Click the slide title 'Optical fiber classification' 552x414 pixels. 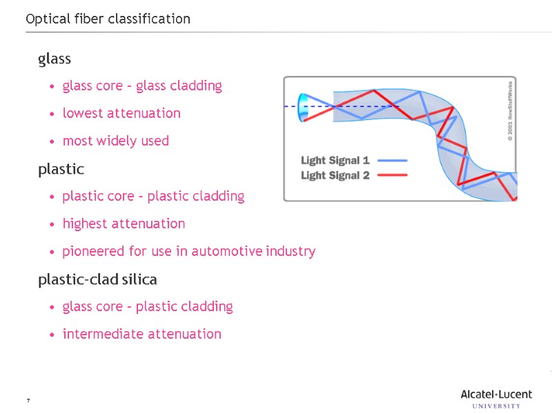pos(108,19)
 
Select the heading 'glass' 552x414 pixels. pos(55,59)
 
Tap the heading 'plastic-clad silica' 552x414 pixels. pos(97,279)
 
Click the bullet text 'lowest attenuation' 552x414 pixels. pos(121,113)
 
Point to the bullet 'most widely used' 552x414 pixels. pos(115,141)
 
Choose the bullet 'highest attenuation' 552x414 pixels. pos(124,224)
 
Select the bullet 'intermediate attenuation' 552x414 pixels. pos(141,334)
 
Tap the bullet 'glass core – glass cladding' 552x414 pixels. pos(142,86)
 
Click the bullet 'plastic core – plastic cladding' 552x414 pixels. pos(153,196)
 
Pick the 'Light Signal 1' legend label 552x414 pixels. pos(335,160)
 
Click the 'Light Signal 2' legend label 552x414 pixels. pos(335,175)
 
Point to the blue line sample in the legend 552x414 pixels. pos(393,160)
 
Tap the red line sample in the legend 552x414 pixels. pos(393,175)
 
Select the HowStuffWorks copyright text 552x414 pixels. pos(510,111)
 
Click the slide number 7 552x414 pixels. pos(28,401)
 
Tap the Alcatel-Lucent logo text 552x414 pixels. pos(496,395)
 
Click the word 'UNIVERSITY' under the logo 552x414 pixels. pos(496,406)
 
